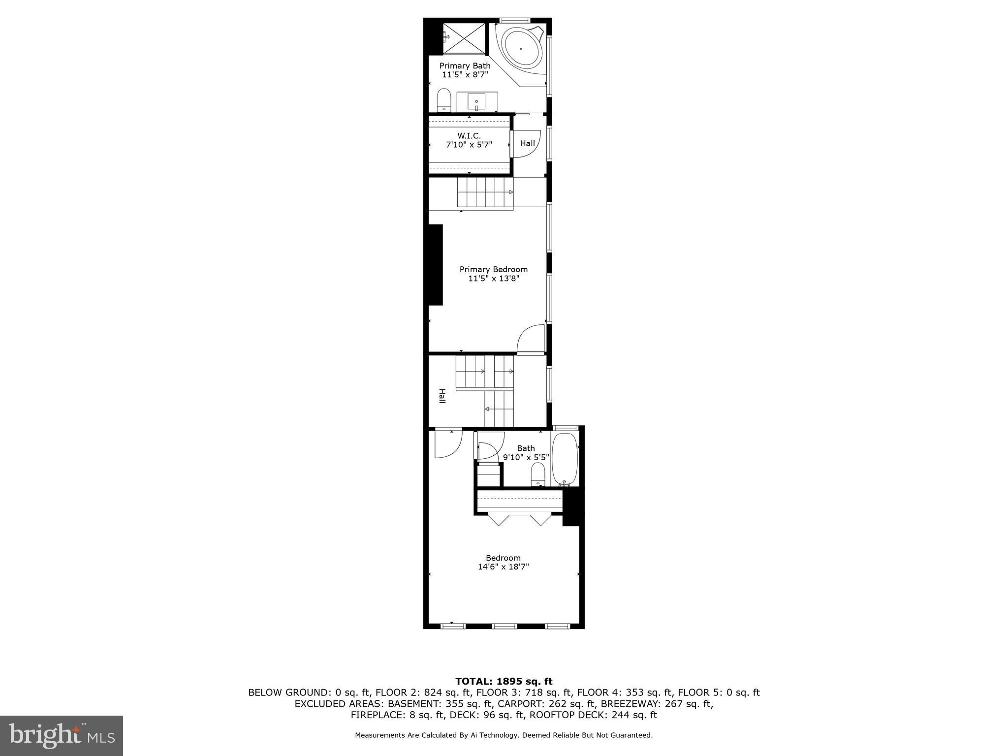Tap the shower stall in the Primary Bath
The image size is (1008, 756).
464,38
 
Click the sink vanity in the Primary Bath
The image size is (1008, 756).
477,102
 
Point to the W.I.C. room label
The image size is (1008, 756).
469,135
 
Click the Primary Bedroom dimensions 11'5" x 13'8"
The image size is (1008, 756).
493,279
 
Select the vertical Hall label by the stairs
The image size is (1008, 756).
442,396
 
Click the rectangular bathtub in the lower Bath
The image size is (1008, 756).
564,459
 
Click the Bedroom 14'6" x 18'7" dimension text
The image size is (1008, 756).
503,567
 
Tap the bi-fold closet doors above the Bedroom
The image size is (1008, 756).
519,519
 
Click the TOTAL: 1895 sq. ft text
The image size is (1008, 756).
504,682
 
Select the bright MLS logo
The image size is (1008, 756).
62,735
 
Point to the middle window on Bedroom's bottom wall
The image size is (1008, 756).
504,626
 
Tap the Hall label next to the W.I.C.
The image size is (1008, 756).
527,144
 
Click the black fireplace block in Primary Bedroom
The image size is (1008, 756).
436,265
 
